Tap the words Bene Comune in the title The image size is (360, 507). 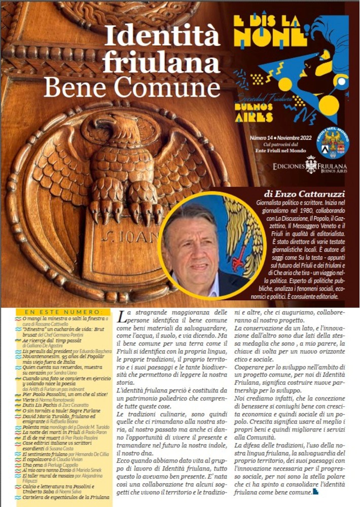coord(132,87)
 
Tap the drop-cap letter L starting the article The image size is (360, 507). coord(122,318)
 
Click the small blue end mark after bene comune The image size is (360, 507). coord(316,491)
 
